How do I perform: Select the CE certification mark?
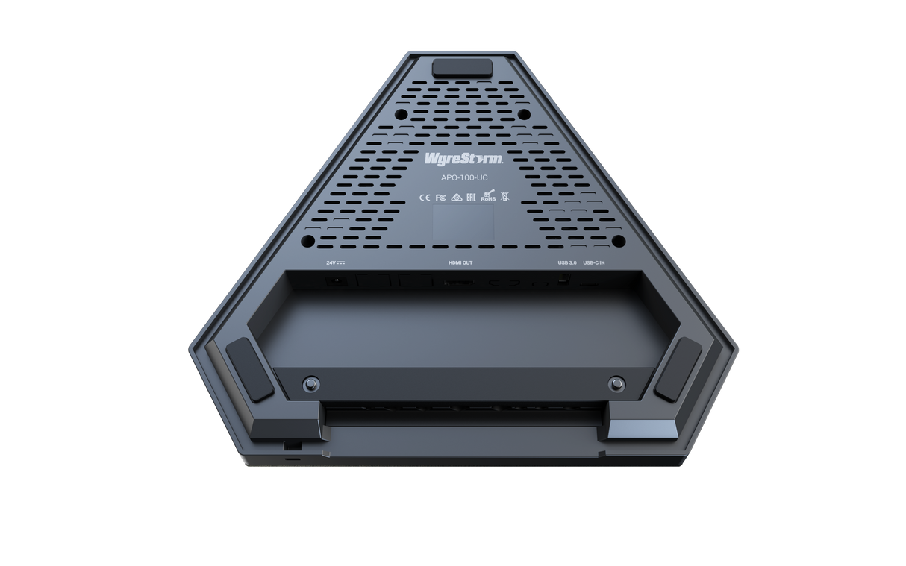(422, 198)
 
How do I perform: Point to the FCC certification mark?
(440, 198)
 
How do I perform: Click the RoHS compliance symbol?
(488, 198)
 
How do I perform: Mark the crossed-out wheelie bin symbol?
(504, 198)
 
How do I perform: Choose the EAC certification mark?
(472, 198)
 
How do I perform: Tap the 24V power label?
(333, 263)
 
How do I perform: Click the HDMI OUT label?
(460, 263)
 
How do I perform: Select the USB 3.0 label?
(567, 263)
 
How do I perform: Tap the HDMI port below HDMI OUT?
(457, 283)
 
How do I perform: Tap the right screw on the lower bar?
(616, 383)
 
